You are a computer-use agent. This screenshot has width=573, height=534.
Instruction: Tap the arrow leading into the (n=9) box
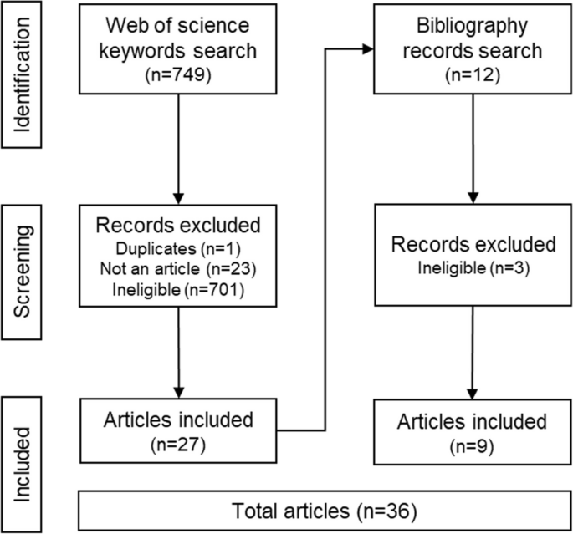coord(473,368)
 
